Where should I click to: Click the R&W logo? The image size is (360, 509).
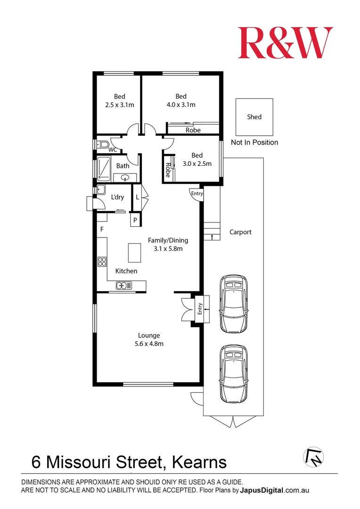coord(285,42)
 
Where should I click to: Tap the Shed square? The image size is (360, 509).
coord(254,117)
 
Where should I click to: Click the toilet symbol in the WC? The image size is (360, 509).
coord(104,144)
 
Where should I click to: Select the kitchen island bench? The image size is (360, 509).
coord(134,253)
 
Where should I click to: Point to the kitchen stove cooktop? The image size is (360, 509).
coord(101,262)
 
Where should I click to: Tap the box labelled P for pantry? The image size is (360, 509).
coord(135,220)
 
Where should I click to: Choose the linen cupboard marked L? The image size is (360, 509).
coord(137,197)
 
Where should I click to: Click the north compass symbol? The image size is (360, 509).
coord(313,456)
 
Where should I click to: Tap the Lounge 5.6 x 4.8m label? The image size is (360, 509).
coord(149,339)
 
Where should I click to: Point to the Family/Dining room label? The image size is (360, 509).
coord(165,244)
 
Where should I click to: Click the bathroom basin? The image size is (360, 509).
coord(125,178)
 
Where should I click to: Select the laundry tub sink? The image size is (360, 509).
coord(101,189)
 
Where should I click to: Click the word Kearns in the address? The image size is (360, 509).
coord(199,462)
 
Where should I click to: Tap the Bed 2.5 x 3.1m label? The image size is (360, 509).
coord(120,101)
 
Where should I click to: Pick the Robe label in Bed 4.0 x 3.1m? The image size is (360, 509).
coord(193,130)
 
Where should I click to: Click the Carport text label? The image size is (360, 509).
coord(240,232)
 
